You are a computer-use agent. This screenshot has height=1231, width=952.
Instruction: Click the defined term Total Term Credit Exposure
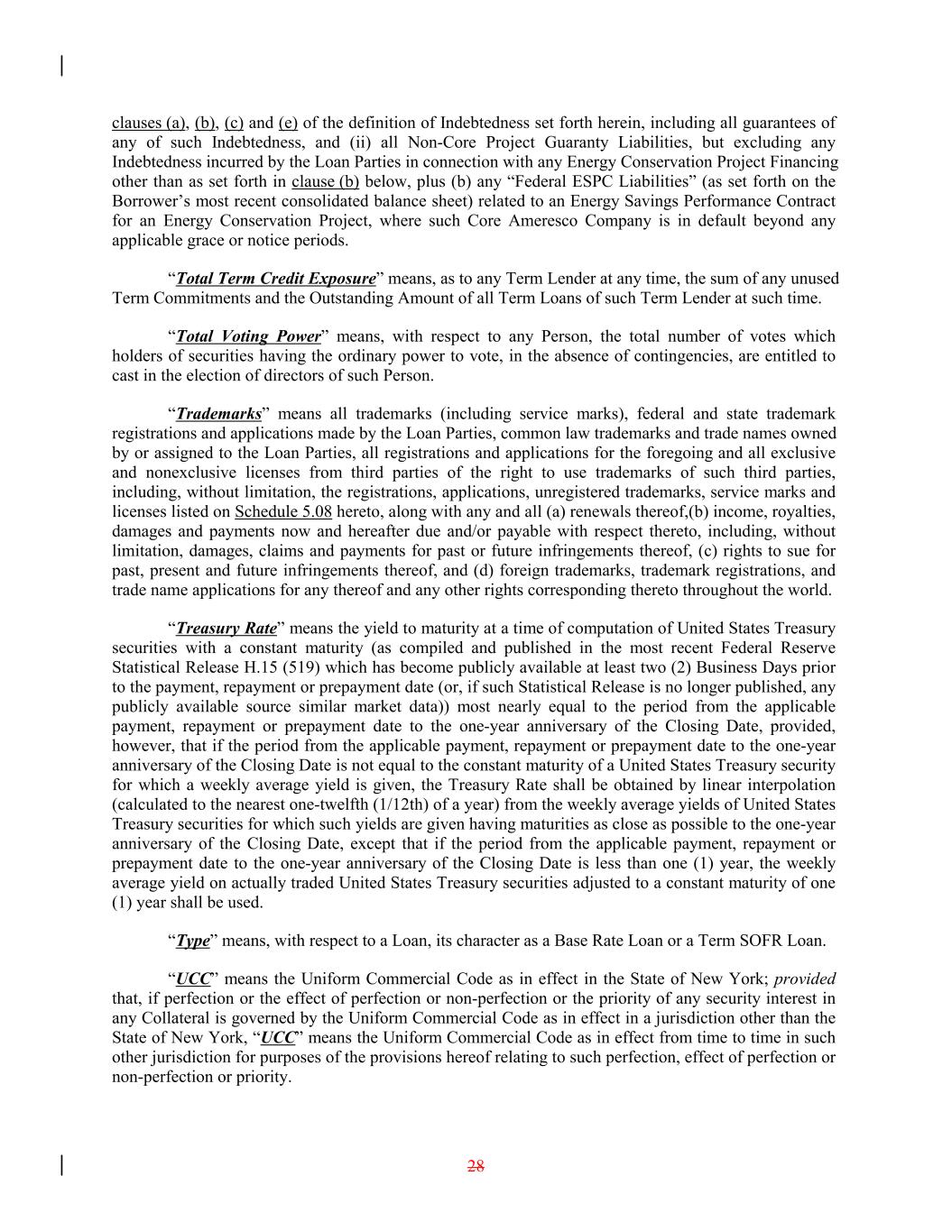pos(275,279)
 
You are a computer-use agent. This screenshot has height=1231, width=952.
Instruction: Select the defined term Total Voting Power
pos(248,336)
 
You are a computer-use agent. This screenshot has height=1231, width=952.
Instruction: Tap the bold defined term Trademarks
pos(218,414)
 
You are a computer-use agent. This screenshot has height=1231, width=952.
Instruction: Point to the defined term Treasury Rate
pos(226,629)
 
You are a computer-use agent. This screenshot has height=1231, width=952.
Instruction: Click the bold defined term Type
pos(192,941)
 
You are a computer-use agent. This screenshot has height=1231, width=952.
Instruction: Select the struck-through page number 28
pos(476,1166)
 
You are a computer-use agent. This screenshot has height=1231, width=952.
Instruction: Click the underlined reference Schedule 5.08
pos(283,511)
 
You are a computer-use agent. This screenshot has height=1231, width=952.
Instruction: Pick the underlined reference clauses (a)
pos(149,123)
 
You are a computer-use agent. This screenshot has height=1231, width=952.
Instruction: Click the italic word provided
pos(805,978)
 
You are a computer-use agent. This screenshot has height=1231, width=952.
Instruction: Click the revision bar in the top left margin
pos(61,66)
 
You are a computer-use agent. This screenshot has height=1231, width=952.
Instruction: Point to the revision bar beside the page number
pos(61,1165)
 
